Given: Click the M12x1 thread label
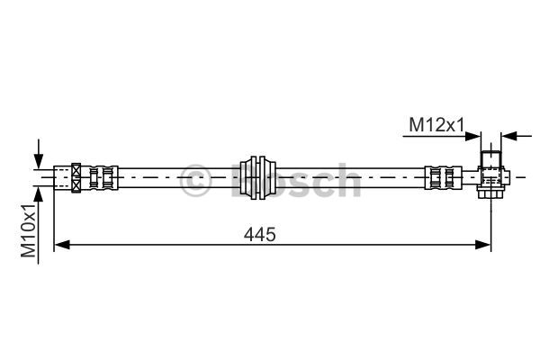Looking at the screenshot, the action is click(436, 125).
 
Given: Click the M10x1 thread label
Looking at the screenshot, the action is click(29, 230).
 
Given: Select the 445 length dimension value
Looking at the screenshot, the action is click(260, 235).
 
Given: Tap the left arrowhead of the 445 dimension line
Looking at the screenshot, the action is click(62, 245).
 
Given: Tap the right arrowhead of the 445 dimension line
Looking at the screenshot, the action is click(482, 245).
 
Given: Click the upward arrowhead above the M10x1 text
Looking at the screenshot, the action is click(39, 195).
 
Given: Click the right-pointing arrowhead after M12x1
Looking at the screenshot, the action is click(472, 136).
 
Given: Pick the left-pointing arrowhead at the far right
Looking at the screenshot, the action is click(509, 136).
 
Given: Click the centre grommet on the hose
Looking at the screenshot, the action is click(258, 177).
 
